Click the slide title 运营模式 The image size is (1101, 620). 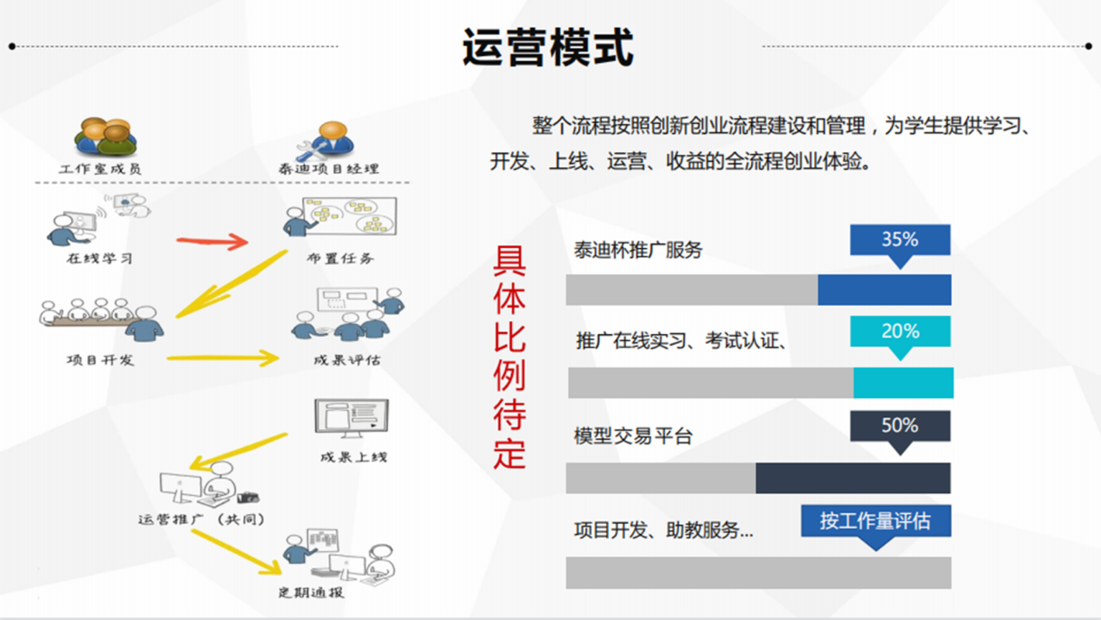547,47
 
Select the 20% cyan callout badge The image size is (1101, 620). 900,334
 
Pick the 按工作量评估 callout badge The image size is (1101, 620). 876,523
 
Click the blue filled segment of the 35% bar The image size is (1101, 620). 884,290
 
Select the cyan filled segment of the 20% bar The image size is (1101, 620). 904,383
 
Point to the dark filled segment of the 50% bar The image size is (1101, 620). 853,478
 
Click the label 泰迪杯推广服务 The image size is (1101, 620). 638,250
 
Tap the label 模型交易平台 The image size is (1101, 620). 633,436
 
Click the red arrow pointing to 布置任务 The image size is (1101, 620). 213,242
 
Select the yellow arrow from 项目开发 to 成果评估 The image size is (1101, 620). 223,358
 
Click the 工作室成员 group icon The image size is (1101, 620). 105,137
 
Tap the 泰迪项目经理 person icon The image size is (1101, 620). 326,141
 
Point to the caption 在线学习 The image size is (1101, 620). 100,259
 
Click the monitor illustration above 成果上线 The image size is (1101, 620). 351,418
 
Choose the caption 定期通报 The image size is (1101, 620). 311,593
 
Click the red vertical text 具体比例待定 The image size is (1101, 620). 509,357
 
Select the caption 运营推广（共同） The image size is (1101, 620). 202,520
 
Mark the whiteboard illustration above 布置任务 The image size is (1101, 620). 349,215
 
